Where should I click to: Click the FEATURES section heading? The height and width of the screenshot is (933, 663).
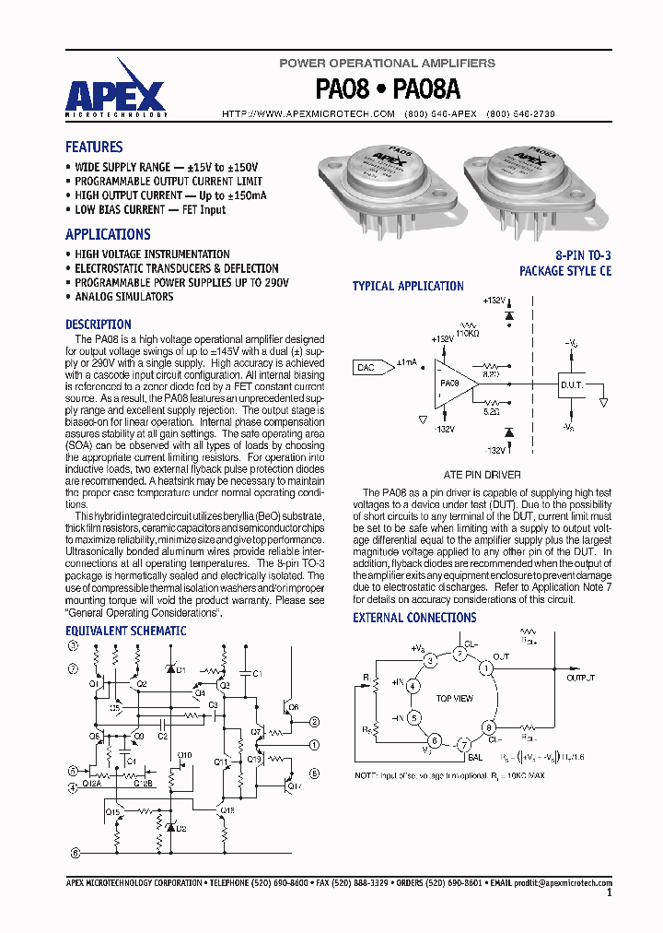[x=94, y=147]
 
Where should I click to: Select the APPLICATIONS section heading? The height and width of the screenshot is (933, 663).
[x=108, y=234]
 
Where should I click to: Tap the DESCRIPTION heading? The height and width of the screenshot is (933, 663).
[x=99, y=325]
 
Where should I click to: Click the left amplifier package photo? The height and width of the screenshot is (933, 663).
[x=388, y=180]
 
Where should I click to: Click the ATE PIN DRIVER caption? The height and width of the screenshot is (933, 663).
[x=483, y=475]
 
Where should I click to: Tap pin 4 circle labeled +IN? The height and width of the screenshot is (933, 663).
[x=413, y=686]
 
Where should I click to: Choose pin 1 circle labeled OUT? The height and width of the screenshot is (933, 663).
[x=485, y=667]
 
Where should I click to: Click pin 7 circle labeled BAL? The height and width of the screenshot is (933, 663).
[x=465, y=745]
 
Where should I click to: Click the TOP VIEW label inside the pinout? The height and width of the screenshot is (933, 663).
[x=455, y=699]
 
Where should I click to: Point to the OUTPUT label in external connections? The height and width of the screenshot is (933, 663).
[x=581, y=677]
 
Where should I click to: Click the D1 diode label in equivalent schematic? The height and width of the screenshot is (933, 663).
[x=181, y=669]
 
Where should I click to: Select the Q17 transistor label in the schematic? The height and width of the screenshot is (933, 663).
[x=294, y=786]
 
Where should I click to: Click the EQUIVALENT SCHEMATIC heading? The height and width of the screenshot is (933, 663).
[x=125, y=632]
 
